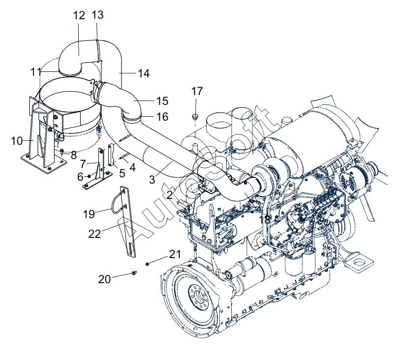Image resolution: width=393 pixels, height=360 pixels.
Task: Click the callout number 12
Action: click(x=79, y=15)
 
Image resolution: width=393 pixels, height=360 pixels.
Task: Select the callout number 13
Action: click(x=98, y=15)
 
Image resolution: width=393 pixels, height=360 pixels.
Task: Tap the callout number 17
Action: click(x=197, y=91)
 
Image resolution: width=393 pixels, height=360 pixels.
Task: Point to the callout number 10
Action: click(x=17, y=141)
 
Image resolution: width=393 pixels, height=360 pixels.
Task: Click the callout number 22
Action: click(x=94, y=233)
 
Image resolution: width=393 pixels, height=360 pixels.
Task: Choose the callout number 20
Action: click(x=104, y=279)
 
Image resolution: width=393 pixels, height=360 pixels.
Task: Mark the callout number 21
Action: click(x=175, y=254)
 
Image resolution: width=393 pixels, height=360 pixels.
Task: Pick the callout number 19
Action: click(x=89, y=214)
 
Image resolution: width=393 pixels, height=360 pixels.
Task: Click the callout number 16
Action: click(x=162, y=117)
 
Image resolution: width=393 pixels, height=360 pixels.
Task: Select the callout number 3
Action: click(x=152, y=180)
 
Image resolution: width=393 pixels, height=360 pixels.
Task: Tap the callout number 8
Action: click(x=73, y=155)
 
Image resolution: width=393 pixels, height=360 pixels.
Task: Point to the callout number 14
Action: click(x=143, y=74)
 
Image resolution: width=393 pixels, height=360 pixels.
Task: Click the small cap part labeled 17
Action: click(x=195, y=117)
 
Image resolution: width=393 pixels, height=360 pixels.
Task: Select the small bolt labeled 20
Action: click(x=134, y=273)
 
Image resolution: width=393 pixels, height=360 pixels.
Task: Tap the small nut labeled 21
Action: click(x=148, y=264)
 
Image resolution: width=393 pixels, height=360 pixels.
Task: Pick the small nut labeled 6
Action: click(x=89, y=176)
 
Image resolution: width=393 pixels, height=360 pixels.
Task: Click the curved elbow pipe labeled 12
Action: click(x=79, y=52)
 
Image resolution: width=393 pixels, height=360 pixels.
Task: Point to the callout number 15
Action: click(x=162, y=101)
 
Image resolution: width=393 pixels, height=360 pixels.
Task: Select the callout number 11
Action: click(x=36, y=72)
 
